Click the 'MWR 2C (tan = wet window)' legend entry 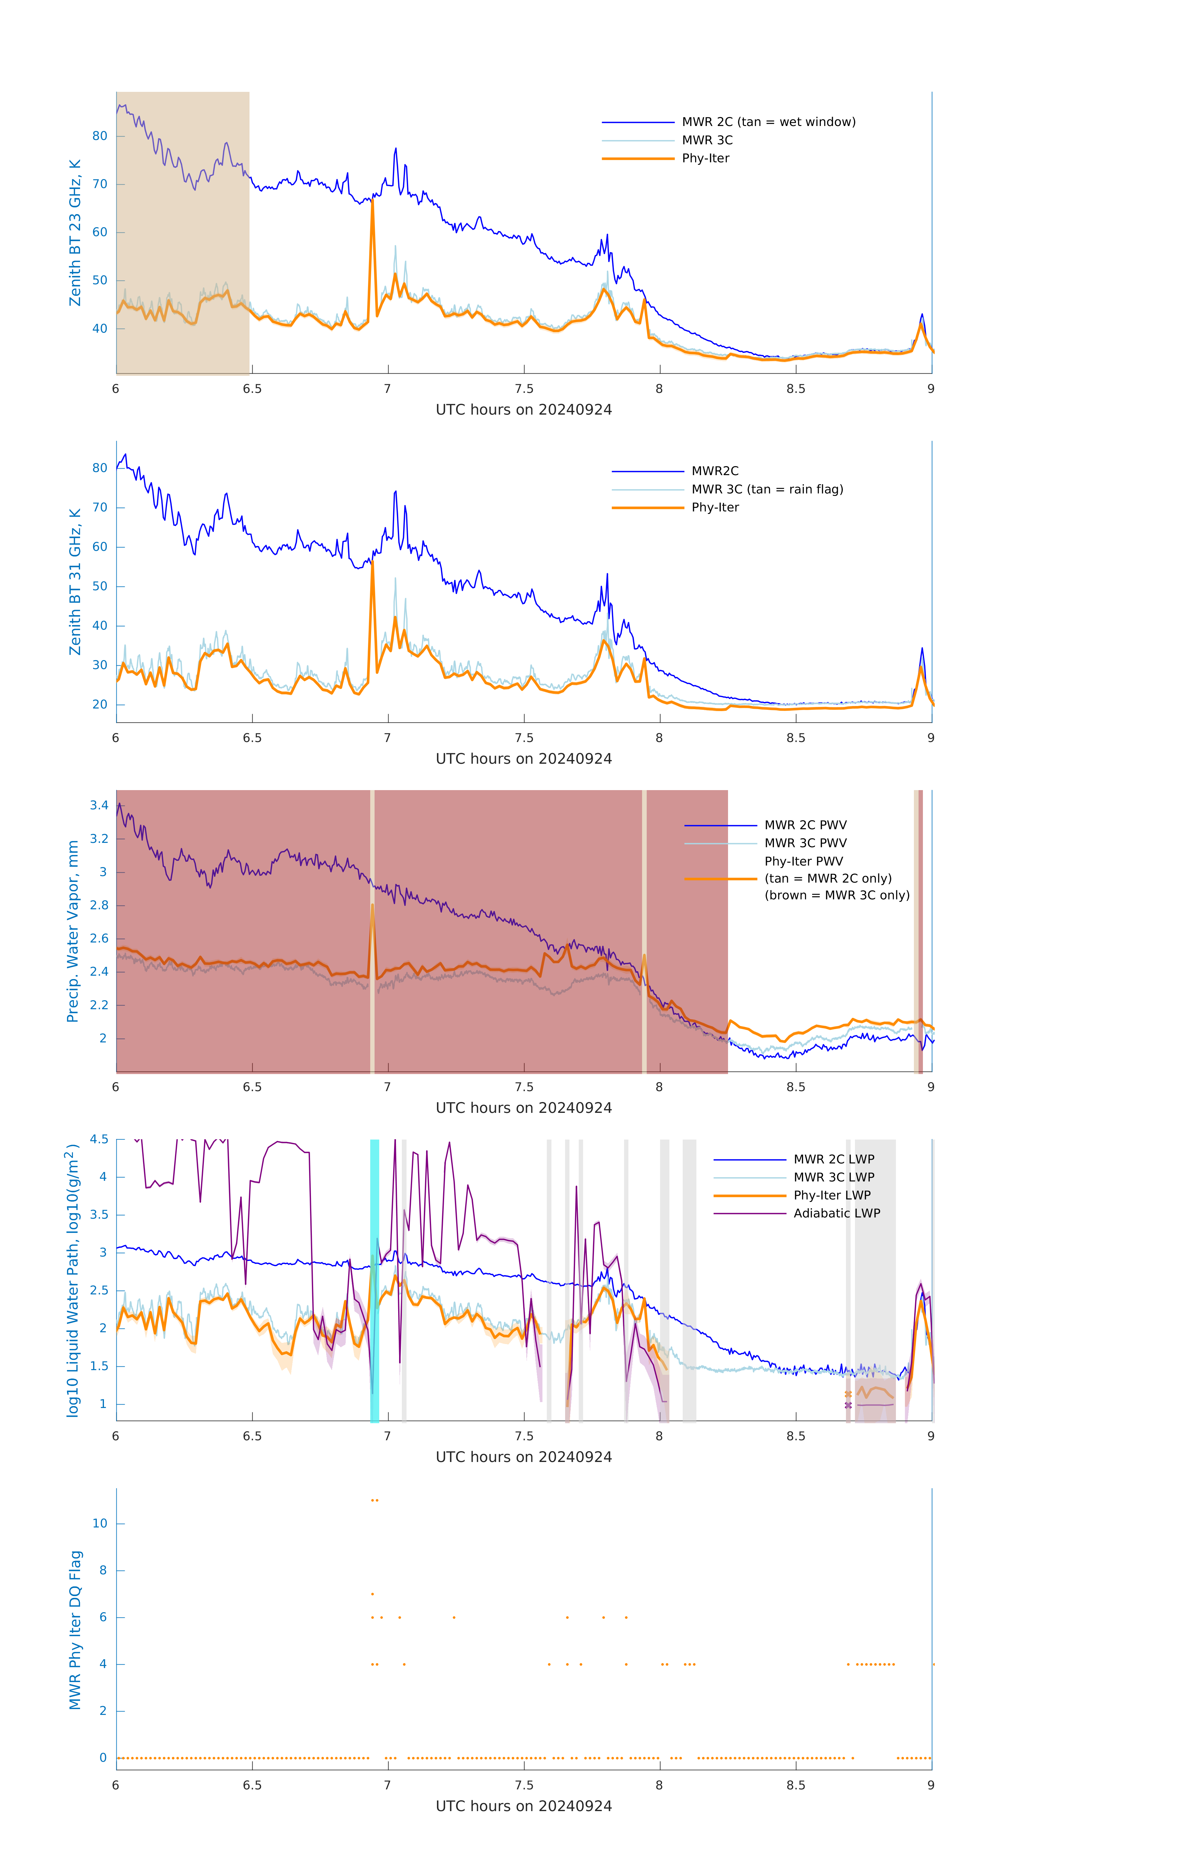point(768,122)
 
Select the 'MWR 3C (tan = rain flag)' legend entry point(766,489)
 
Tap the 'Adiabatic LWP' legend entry point(836,1213)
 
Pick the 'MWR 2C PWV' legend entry point(805,825)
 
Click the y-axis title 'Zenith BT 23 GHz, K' point(75,233)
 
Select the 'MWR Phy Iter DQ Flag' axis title point(75,1630)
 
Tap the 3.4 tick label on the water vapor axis point(99,806)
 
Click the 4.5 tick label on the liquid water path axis point(99,1140)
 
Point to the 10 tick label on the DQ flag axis point(100,1523)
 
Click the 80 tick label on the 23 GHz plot point(100,136)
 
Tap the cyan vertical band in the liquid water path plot point(374,1280)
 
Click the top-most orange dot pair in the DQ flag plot point(374,1500)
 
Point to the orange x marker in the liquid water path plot point(848,1394)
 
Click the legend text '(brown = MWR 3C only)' point(837,895)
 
